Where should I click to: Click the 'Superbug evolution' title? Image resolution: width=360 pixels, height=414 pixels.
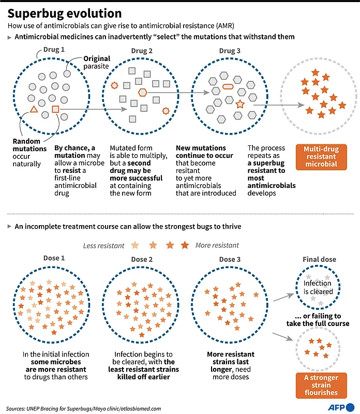click(65, 13)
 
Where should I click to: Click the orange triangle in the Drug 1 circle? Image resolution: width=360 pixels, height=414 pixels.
click(34, 109)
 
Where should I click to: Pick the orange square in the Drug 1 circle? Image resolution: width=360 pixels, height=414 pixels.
click(56, 109)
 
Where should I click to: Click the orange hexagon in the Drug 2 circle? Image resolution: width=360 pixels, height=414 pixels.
click(142, 92)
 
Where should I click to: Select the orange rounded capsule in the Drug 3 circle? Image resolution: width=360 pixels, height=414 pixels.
click(227, 86)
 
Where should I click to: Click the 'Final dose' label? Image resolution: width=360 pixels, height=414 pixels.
click(319, 259)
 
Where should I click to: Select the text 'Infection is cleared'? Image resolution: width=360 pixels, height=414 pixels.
click(318, 287)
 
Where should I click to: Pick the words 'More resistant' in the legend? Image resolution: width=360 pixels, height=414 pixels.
click(217, 245)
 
